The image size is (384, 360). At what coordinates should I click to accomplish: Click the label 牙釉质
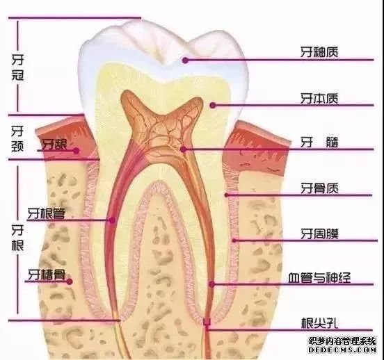coord(319,52)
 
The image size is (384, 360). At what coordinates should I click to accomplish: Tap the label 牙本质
coord(319,99)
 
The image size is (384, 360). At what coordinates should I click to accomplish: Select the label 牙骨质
coord(319,188)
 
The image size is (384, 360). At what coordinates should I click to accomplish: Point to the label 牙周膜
coord(319,234)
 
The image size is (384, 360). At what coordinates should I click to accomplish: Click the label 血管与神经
coord(319,277)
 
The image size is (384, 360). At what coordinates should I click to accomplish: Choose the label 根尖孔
coord(319,323)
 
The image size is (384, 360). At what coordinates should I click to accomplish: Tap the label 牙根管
coord(47,213)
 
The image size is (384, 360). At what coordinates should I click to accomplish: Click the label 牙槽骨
coord(47,275)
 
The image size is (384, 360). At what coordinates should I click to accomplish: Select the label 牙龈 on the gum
coord(54,145)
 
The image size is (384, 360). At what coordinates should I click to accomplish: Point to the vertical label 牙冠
coord(18,67)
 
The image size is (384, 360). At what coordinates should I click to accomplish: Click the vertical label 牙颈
coord(17,138)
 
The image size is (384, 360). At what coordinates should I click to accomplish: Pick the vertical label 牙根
coord(17,238)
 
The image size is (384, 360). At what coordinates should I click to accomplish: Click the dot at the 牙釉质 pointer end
coord(185,60)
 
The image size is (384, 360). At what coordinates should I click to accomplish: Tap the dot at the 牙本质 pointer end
coord(213,106)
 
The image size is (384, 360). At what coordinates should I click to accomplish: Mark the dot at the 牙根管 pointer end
coord(112,220)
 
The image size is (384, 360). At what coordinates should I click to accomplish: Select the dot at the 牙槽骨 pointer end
coord(70,281)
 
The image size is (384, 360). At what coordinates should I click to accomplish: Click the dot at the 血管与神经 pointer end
coord(212,284)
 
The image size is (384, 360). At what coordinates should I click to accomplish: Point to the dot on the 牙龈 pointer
coord(77,151)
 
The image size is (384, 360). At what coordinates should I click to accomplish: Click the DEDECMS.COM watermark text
coord(342,350)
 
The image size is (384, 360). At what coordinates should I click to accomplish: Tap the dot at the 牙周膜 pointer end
coord(234,240)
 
